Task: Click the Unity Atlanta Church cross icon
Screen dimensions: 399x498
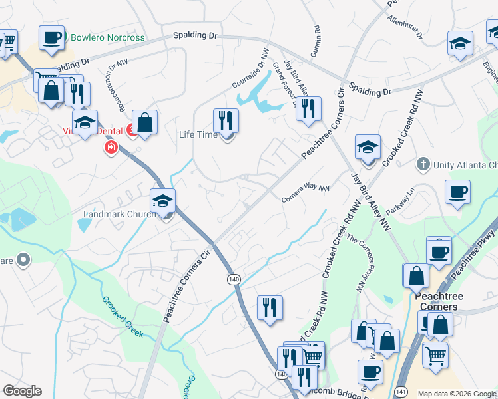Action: coord(421,164)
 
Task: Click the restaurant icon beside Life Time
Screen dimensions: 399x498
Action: coord(226,121)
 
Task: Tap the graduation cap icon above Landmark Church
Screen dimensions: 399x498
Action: coord(163,201)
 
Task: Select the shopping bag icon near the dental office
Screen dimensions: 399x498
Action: coord(144,123)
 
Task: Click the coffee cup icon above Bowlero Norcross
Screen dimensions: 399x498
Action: coord(51,37)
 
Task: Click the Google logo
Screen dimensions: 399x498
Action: coord(22,391)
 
